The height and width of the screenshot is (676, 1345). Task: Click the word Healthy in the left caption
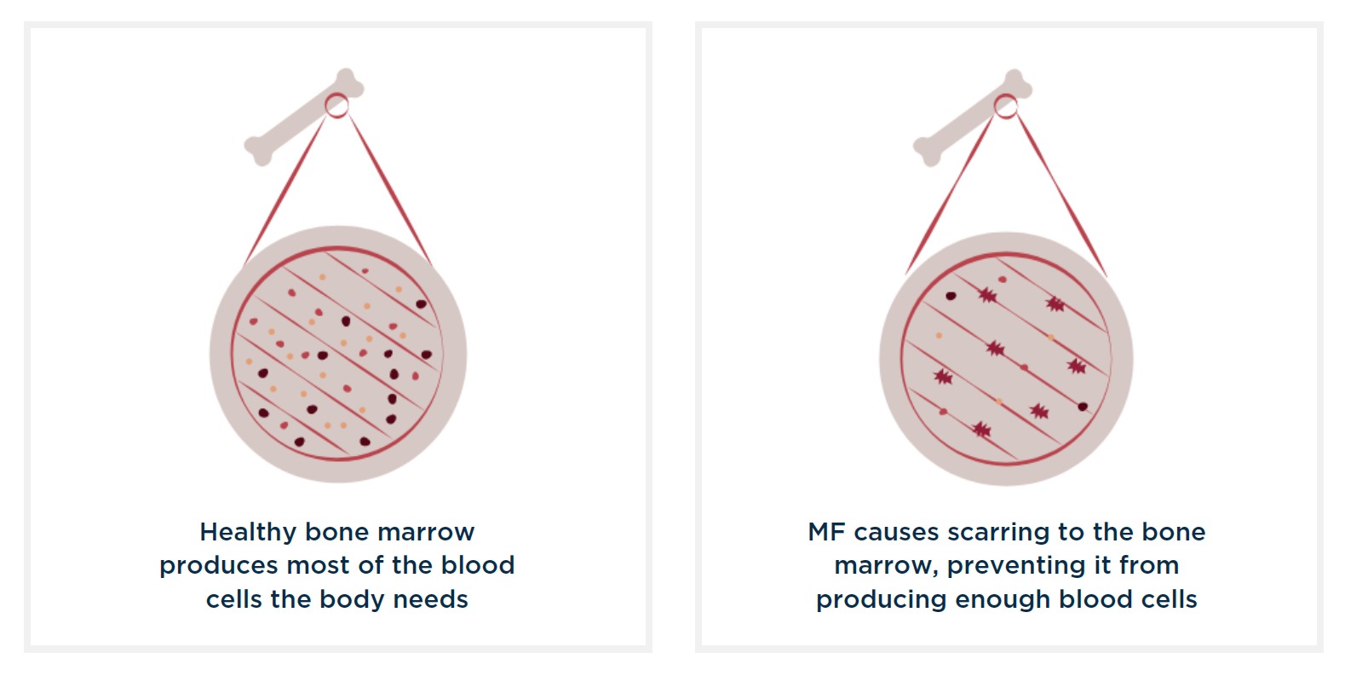point(248,533)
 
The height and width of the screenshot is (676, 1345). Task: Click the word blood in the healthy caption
point(477,565)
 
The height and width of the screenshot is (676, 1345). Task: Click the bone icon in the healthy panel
point(304,117)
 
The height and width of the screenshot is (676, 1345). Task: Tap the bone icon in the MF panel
point(973,118)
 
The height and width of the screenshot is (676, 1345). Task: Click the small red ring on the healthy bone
point(336,105)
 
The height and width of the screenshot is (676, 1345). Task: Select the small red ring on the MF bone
point(1006,107)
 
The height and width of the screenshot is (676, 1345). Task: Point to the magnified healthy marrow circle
point(338,354)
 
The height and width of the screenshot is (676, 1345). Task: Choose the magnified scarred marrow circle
point(1006,359)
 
